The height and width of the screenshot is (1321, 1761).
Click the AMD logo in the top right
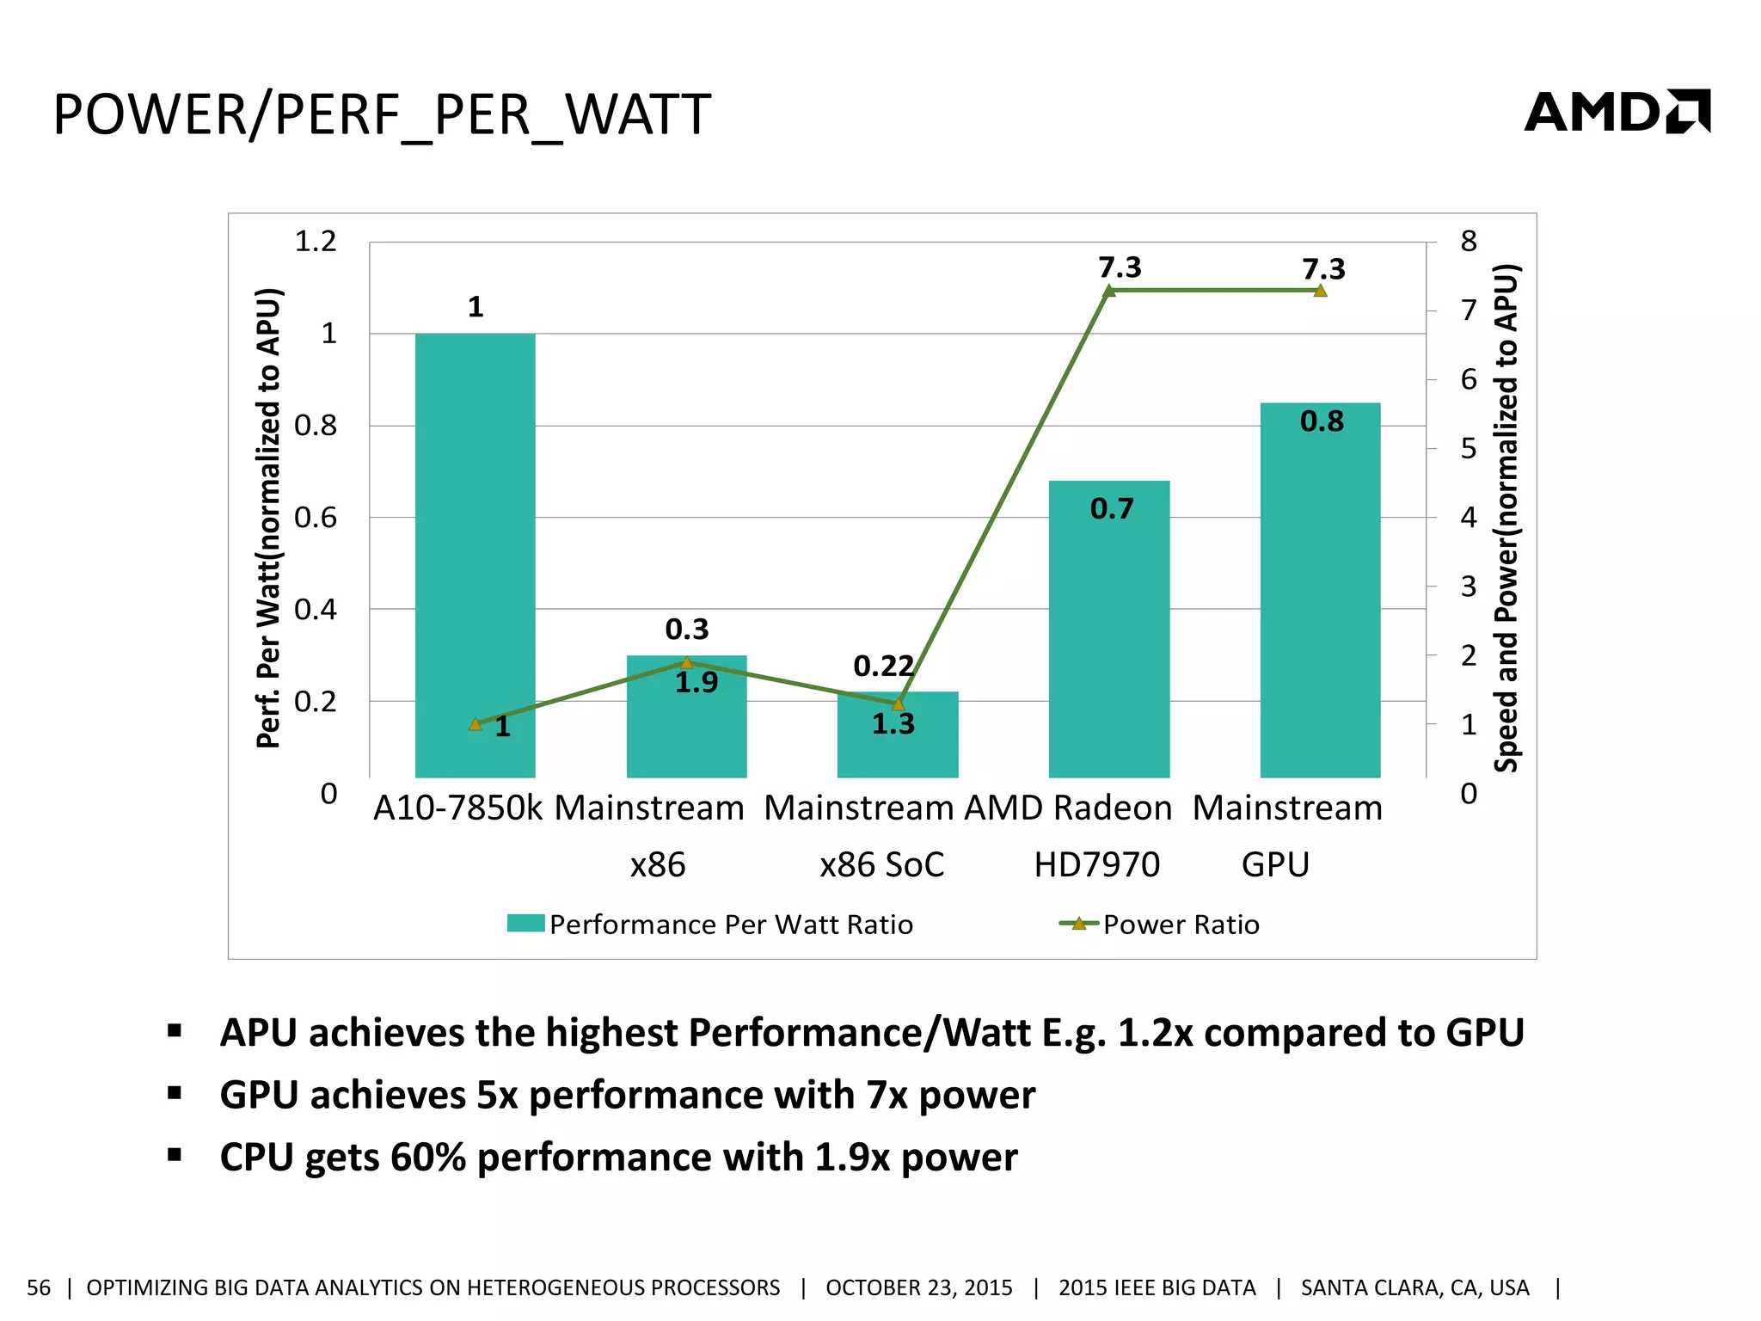click(1617, 112)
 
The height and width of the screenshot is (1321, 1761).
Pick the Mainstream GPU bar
click(1320, 602)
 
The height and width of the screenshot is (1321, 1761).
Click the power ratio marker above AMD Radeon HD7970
click(1109, 291)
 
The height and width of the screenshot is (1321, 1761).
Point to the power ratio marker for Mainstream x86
click(686, 662)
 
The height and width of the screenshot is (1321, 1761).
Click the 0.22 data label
click(883, 667)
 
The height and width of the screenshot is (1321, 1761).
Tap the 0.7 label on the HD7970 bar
click(1112, 509)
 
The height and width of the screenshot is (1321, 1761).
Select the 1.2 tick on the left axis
click(316, 242)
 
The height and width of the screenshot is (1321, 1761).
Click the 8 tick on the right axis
click(1469, 242)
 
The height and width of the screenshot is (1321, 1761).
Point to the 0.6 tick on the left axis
click(316, 518)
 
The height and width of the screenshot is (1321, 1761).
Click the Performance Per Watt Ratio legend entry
click(710, 925)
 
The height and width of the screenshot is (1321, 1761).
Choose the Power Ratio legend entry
click(1161, 925)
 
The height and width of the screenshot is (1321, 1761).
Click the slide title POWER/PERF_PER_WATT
click(382, 114)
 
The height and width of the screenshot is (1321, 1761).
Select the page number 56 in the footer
click(39, 1287)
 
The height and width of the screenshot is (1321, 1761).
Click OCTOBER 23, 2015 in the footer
click(918, 1287)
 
